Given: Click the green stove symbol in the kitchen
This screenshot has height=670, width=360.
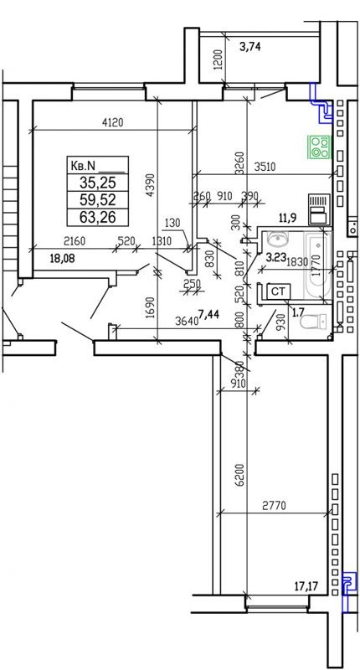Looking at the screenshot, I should pyautogui.click(x=317, y=147).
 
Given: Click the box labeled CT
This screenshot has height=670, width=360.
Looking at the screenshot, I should pyautogui.click(x=280, y=291).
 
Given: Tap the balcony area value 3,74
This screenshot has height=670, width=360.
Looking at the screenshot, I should pyautogui.click(x=250, y=48).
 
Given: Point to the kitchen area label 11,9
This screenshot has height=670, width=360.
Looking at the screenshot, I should pyautogui.click(x=289, y=218).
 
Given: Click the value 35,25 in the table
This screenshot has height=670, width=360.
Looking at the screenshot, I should pyautogui.click(x=98, y=181).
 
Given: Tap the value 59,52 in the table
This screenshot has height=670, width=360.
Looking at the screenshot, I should pyautogui.click(x=98, y=199).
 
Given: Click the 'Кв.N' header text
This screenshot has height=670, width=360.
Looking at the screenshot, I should pyautogui.click(x=85, y=164).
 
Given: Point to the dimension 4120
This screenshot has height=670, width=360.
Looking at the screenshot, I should pyautogui.click(x=112, y=122).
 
